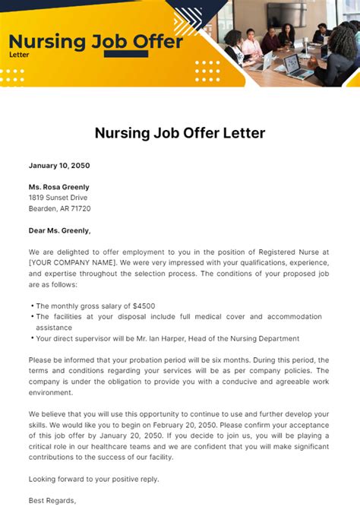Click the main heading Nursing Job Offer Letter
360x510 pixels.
180,133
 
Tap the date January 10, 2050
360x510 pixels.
58,165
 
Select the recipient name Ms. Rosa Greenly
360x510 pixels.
58,187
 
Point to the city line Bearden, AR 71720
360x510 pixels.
59,208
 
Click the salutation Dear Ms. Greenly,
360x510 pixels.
59,230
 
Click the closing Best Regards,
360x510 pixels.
52,501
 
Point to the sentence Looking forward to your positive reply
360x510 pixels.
93,479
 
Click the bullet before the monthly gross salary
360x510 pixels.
32,306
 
